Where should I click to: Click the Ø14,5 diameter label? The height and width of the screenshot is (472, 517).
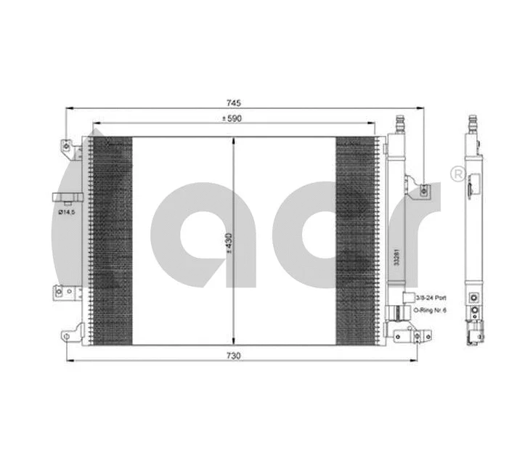point(67,213)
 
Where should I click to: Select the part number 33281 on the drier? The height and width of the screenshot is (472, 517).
point(396,259)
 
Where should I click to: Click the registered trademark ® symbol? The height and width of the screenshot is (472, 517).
point(457,174)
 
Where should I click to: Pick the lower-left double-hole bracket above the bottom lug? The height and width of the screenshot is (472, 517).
point(65,294)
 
